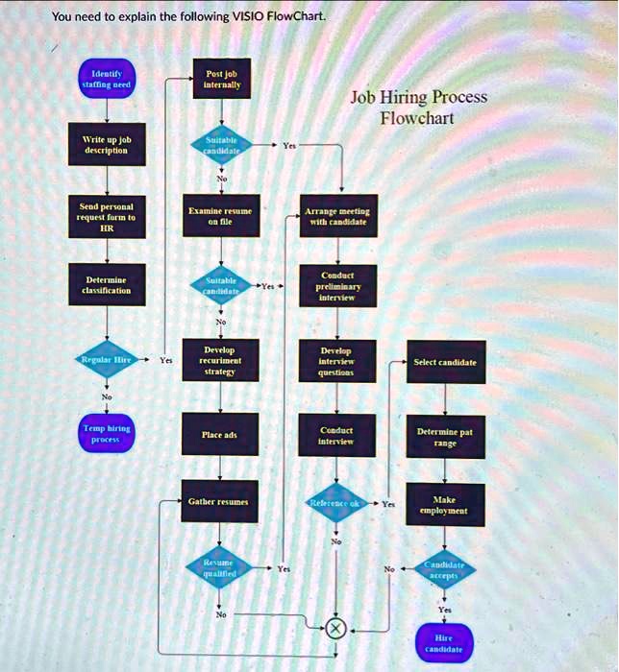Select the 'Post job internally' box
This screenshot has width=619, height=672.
click(222, 79)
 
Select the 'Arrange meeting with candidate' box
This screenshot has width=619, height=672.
click(336, 216)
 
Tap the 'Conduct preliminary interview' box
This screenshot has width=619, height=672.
click(336, 285)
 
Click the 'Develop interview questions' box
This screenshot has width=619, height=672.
click(336, 360)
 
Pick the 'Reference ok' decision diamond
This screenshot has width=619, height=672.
click(335, 503)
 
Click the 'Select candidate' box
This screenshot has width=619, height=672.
click(444, 362)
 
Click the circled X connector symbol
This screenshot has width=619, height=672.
click(335, 629)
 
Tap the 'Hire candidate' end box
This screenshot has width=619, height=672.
click(443, 643)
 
